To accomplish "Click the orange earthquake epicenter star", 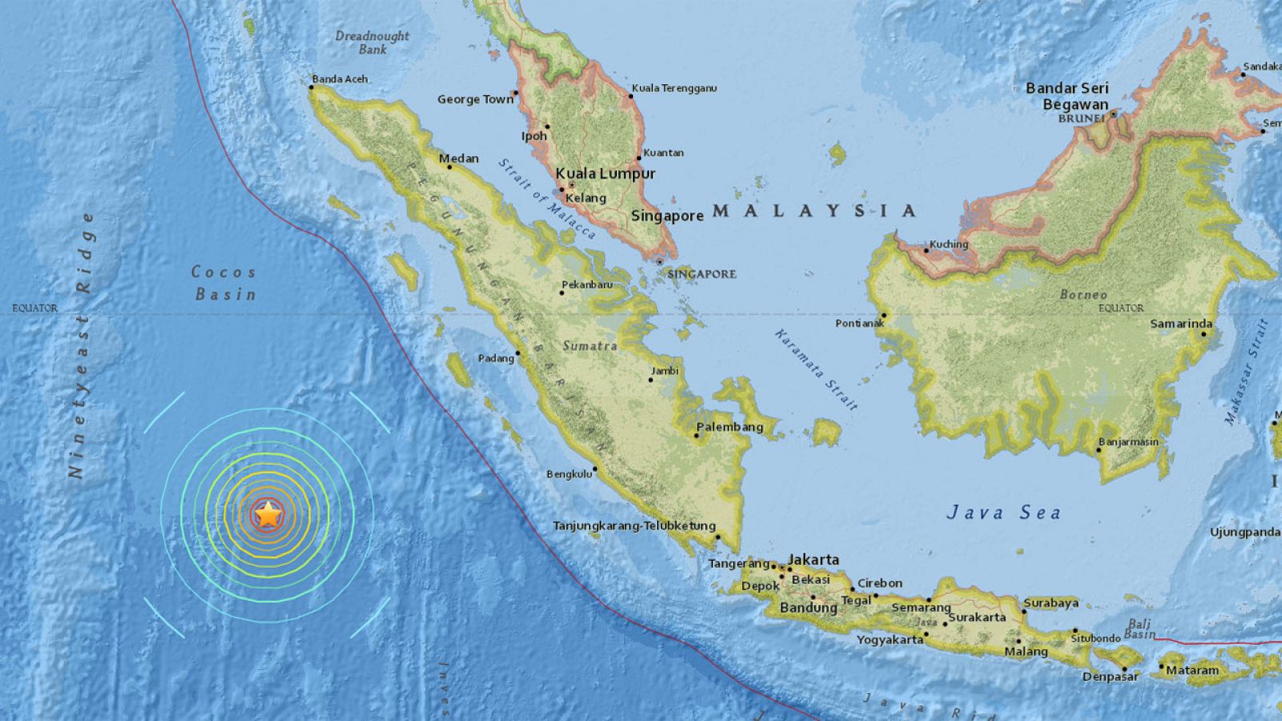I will pyautogui.click(x=268, y=515).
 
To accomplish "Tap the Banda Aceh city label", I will pyautogui.click(x=340, y=79).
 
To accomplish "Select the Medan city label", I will pyautogui.click(x=458, y=159).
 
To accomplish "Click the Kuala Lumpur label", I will pyautogui.click(x=605, y=174).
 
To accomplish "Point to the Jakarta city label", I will pyautogui.click(x=813, y=560).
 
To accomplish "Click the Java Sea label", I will pyautogui.click(x=1003, y=513).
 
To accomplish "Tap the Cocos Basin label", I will pyautogui.click(x=224, y=283).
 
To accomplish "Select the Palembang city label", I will pyautogui.click(x=730, y=427).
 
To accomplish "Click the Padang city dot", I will pyautogui.click(x=518, y=353).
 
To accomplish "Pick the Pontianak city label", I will pyautogui.click(x=859, y=324).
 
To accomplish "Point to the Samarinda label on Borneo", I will pyautogui.click(x=1181, y=324).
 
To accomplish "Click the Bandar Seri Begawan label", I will pyautogui.click(x=1067, y=96).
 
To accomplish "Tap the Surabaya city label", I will pyautogui.click(x=1050, y=603).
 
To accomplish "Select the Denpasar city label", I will pyautogui.click(x=1111, y=677).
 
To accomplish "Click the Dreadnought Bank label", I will pyautogui.click(x=372, y=42).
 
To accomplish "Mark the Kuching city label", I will pyautogui.click(x=949, y=244).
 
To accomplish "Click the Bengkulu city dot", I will pyautogui.click(x=595, y=470).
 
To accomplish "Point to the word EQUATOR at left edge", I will pyautogui.click(x=34, y=308).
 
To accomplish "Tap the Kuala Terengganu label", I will pyautogui.click(x=674, y=88).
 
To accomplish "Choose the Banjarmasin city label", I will pyautogui.click(x=1128, y=442).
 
